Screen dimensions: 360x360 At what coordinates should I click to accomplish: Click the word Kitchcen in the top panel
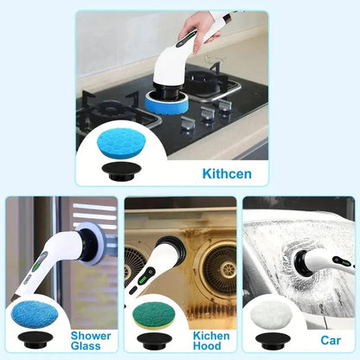point(227,173)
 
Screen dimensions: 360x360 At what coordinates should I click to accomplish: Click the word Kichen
point(211,334)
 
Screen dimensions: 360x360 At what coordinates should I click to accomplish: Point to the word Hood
point(211,346)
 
